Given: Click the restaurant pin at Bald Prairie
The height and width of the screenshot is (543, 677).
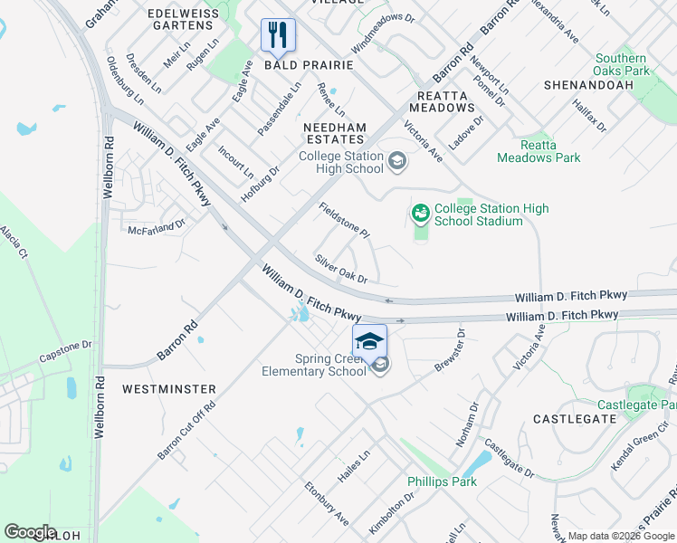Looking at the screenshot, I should [279, 35].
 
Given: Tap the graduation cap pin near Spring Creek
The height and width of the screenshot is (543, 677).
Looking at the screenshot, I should [369, 340].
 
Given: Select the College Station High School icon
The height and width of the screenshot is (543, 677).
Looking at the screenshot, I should [396, 163].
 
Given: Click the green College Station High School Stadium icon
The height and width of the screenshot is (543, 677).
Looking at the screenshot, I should [420, 214].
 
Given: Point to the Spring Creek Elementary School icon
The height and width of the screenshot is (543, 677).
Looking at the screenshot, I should [380, 365].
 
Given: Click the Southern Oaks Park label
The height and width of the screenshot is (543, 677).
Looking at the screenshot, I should [622, 64].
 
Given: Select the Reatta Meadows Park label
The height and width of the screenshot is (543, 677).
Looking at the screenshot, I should [549, 151].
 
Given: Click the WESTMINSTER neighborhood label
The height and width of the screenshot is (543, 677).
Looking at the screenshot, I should [169, 389].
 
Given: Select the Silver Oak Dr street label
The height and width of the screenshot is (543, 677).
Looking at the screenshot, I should [340, 269].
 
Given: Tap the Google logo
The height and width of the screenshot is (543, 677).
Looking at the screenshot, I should [30, 532].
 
